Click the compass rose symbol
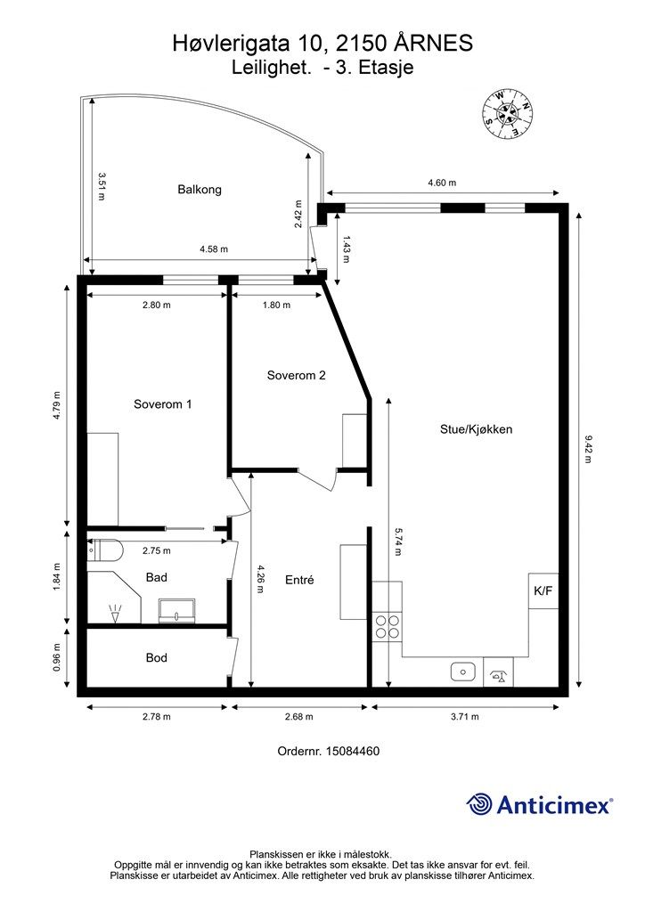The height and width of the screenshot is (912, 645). point(507,114)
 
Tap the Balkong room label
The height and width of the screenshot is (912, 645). point(200,190)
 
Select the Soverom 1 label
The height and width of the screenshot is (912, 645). point(162,404)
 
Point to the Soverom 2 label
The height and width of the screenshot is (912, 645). point(296,375)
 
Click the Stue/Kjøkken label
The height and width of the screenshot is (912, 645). point(476,430)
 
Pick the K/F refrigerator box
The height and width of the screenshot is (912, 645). point(543,591)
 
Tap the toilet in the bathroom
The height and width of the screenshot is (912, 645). point(105,550)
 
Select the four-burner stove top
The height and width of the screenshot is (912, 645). point(388,626)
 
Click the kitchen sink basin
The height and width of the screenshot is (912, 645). point(463,672)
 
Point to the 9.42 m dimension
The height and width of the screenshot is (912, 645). point(587,450)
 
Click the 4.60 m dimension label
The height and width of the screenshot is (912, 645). point(442,183)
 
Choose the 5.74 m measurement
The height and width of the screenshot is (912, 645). point(397,541)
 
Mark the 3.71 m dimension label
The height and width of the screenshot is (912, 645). point(465,717)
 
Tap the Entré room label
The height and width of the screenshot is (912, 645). point(299,580)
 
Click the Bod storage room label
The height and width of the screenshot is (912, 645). point(157,658)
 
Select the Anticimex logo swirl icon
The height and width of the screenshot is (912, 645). point(479,805)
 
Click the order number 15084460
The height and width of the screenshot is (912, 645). point(353,752)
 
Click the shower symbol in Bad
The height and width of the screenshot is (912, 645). point(115,613)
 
